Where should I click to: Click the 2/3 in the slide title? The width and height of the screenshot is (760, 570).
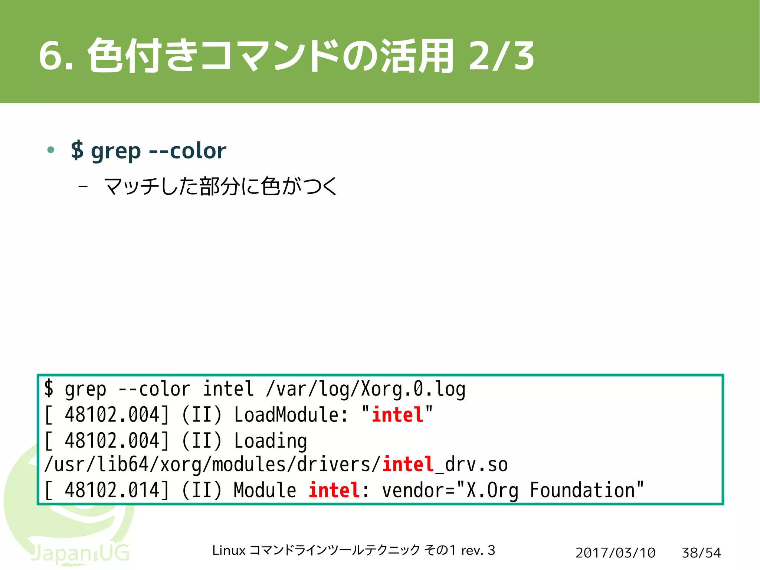[x=501, y=56]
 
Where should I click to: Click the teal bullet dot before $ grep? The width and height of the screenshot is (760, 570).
[x=51, y=150]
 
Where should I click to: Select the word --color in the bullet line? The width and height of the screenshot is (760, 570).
[x=187, y=151]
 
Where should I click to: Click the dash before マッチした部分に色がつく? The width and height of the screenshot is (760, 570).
[x=83, y=186]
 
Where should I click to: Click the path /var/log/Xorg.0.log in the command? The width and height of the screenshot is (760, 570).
[x=366, y=389]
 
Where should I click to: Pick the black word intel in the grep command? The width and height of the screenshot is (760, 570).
[x=228, y=389]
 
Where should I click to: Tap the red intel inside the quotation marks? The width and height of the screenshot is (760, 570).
[x=397, y=415]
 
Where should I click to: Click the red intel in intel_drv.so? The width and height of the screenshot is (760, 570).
[x=408, y=465]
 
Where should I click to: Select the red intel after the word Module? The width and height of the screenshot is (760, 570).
[x=334, y=490]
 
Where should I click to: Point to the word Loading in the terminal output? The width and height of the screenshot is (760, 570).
[x=270, y=441]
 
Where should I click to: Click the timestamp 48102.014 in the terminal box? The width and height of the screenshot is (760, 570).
[x=112, y=490]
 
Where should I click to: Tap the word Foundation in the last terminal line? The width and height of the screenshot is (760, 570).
[x=582, y=490]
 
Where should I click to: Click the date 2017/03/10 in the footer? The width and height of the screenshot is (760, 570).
[x=615, y=553]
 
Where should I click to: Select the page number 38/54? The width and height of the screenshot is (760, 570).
[x=701, y=553]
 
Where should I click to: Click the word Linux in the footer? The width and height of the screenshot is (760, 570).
[x=229, y=550]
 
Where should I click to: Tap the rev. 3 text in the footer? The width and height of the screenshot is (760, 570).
[x=478, y=550]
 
